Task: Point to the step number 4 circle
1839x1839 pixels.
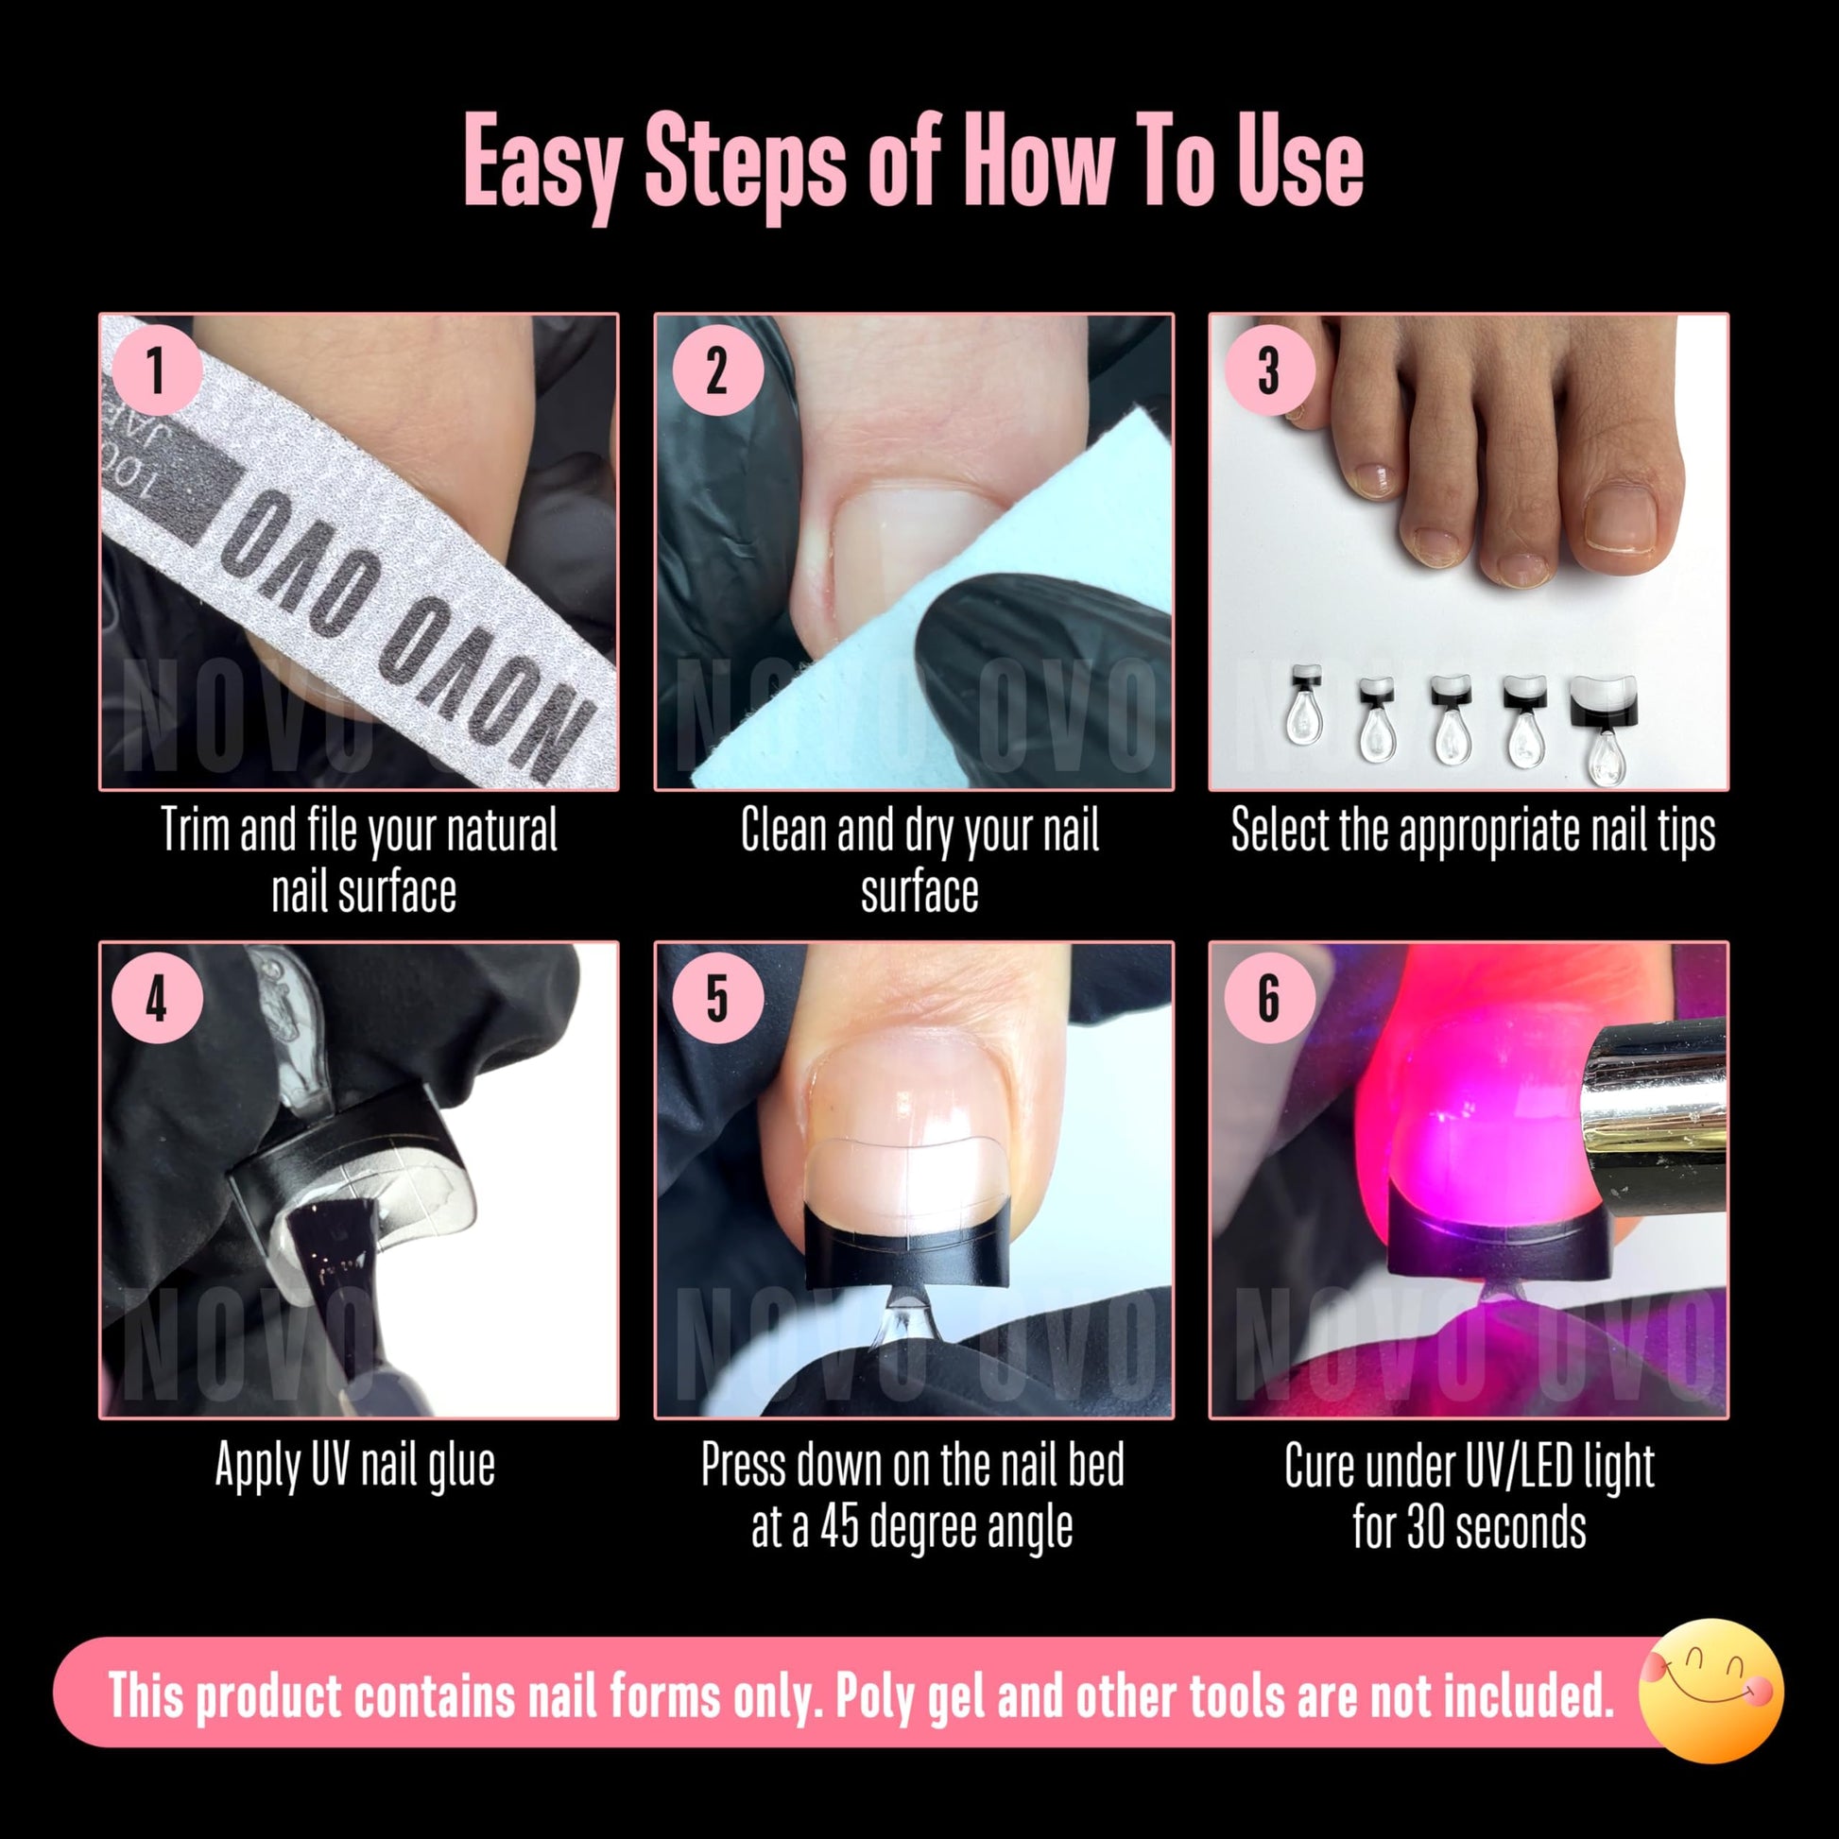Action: pyautogui.click(x=156, y=999)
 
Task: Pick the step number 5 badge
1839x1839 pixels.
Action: pyautogui.click(x=717, y=999)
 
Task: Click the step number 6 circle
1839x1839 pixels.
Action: pyautogui.click(x=1269, y=999)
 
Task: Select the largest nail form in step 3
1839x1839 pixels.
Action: pyautogui.click(x=1605, y=728)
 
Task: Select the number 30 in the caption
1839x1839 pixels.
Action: pyautogui.click(x=1428, y=1527)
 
